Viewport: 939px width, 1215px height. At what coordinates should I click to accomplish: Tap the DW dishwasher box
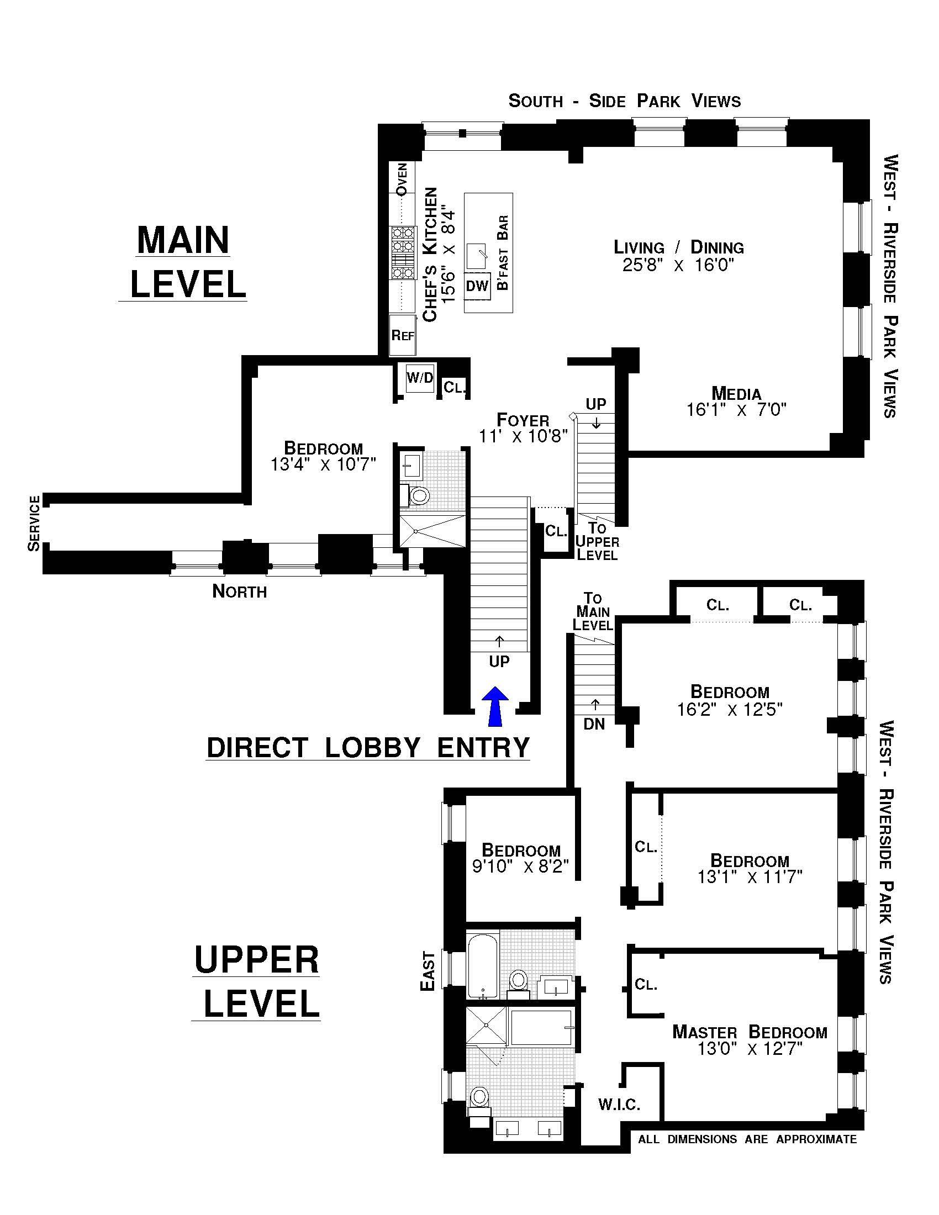tap(477, 286)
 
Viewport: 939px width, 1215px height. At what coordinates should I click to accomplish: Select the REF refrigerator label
tap(403, 335)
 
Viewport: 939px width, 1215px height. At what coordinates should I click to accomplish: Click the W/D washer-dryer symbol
tap(420, 378)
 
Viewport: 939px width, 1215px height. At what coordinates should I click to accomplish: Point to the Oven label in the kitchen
tap(402, 178)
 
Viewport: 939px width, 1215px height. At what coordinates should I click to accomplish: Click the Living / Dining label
tap(679, 247)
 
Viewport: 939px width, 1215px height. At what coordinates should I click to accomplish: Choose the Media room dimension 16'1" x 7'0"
tap(736, 410)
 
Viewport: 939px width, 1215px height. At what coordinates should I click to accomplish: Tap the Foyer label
tap(523, 420)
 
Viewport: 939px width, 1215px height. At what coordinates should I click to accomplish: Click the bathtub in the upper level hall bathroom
tap(482, 965)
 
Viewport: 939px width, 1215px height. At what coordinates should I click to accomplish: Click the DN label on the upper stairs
tap(594, 725)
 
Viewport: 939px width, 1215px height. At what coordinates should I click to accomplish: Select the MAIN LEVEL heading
tap(183, 261)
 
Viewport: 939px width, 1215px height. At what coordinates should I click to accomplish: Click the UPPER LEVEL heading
tap(256, 981)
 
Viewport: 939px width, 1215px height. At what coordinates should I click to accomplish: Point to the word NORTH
tap(239, 591)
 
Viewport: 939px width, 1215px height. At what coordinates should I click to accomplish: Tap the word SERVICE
tap(34, 523)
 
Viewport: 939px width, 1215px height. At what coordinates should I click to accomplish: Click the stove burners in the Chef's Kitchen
tap(402, 252)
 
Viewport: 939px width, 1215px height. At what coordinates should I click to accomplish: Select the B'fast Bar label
tap(503, 253)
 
